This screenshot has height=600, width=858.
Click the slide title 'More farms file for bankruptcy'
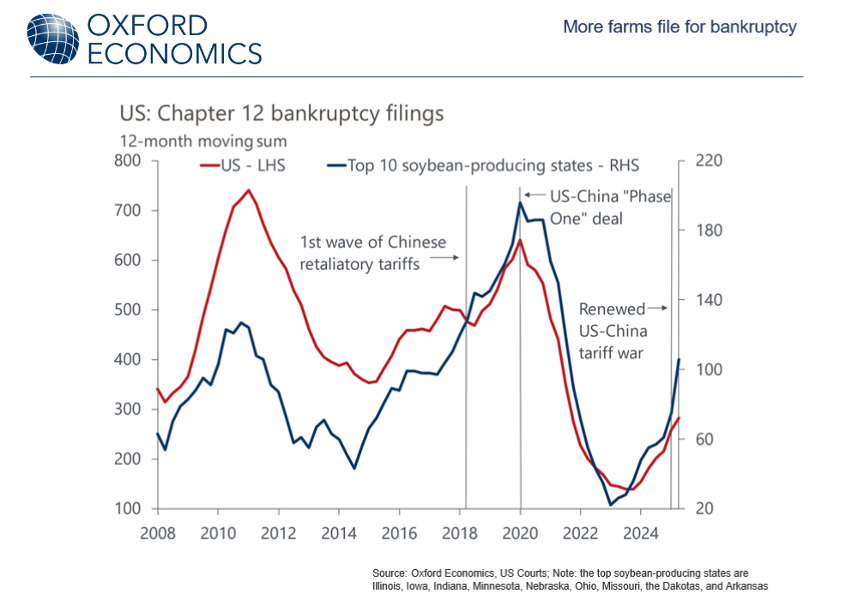pyautogui.click(x=680, y=27)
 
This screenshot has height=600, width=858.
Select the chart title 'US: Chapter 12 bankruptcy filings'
pyautogui.click(x=281, y=114)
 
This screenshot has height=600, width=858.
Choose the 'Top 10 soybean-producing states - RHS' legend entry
pyautogui.click(x=482, y=165)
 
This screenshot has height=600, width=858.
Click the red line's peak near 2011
pyautogui.click(x=249, y=190)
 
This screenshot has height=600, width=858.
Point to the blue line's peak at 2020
pyautogui.click(x=520, y=202)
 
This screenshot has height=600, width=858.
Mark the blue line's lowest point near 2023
pyautogui.click(x=611, y=505)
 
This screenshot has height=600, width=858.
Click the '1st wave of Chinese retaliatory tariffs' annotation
pyautogui.click(x=373, y=254)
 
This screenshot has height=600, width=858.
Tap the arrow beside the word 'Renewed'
pyautogui.click(x=657, y=309)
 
